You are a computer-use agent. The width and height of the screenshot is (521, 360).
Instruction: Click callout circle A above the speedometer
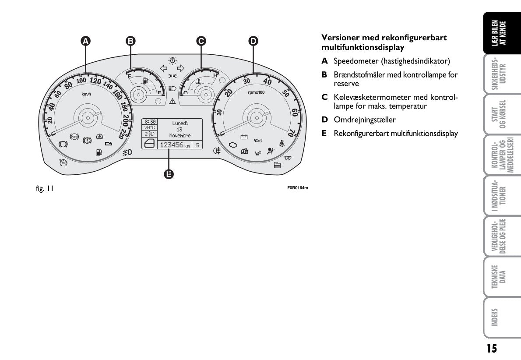[x=86, y=41]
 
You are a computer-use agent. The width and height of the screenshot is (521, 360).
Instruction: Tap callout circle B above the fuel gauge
[x=130, y=41]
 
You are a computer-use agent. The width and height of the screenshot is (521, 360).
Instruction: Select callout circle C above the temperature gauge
[x=201, y=41]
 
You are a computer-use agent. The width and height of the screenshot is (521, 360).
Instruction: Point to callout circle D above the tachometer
[x=253, y=41]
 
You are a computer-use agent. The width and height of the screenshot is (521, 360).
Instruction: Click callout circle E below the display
[x=169, y=174]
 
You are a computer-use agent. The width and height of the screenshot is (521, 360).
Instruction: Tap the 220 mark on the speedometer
[x=122, y=133]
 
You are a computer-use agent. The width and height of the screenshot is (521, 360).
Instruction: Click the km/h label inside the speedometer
[x=86, y=94]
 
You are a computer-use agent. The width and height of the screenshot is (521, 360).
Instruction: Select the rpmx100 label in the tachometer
[x=256, y=92]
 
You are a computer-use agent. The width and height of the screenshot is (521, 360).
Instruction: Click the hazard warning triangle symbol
[x=172, y=101]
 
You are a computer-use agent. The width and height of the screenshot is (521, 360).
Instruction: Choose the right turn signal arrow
[x=181, y=68]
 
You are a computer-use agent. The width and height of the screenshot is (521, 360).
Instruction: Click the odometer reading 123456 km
[x=174, y=145]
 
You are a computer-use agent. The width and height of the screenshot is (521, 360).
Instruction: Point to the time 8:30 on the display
[x=150, y=121]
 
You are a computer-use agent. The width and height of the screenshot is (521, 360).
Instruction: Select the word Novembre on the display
[x=180, y=136]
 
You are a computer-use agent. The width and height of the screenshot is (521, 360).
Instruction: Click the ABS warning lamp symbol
[x=74, y=136]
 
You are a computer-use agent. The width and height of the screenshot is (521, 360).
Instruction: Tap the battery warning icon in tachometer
[x=244, y=137]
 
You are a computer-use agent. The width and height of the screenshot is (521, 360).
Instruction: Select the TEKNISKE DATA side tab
[x=502, y=277]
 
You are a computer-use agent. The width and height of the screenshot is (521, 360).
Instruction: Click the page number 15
[x=492, y=348]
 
